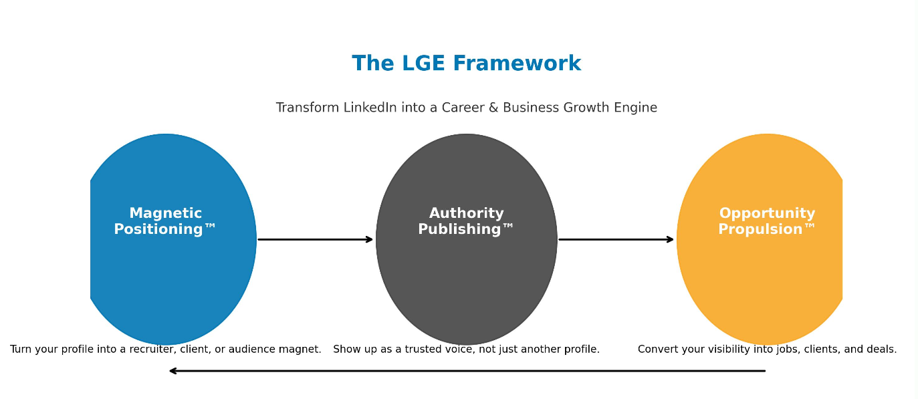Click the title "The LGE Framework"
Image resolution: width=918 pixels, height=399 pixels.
466,63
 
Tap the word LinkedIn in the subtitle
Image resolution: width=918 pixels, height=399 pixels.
370,108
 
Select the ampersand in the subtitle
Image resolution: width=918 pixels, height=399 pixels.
493,108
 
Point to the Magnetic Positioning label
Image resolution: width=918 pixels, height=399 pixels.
165,221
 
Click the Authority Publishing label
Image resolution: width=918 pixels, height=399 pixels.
466,221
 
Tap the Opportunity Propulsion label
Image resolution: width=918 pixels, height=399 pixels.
767,221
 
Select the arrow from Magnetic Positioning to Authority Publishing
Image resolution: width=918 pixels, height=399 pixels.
315,239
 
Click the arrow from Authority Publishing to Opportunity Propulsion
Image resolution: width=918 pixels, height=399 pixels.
616,239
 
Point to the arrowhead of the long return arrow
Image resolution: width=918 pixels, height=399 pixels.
173,371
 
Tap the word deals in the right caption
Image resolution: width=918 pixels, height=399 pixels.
881,350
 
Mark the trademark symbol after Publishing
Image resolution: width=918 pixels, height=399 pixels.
508,227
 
